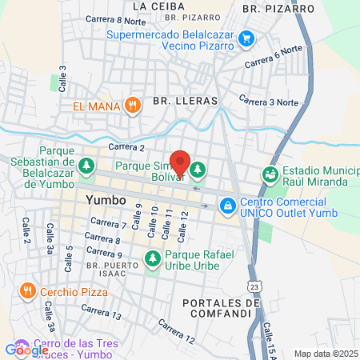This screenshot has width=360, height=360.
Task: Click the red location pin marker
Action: [180, 162]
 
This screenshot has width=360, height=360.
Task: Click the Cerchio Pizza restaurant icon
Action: [28, 289]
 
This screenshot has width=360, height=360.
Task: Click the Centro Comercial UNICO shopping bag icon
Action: [229, 206]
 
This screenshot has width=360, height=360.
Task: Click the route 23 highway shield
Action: [254, 285]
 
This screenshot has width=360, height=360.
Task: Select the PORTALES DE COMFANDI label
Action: [222, 309]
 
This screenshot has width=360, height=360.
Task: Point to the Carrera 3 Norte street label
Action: [269, 102]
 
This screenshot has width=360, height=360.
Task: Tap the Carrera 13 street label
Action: [101, 311]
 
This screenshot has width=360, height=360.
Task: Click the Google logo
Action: [26, 350]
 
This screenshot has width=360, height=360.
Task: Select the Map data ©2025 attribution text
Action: [324, 354]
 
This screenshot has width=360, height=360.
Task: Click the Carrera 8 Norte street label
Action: [119, 21]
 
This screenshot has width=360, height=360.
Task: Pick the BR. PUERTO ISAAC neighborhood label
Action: [106, 268]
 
